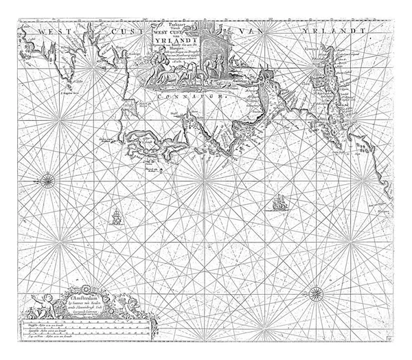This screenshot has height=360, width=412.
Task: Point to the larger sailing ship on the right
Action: (278, 203)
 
